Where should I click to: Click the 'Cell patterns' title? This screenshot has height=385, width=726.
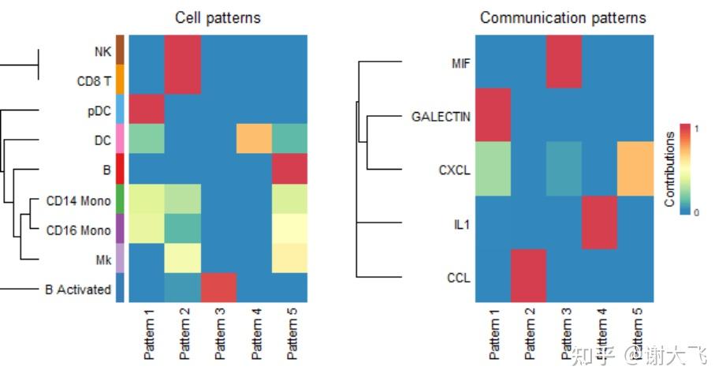218,17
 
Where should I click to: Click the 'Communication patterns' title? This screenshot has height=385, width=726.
563,17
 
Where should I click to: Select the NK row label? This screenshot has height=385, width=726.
102,51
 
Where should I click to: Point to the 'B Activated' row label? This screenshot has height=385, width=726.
78,289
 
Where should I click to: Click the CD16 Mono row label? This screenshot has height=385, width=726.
79,230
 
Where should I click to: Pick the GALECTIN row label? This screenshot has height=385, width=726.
441,117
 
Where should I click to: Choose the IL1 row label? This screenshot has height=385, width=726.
462,223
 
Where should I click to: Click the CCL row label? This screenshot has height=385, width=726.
460,276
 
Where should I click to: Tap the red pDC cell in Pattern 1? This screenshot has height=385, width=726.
147,110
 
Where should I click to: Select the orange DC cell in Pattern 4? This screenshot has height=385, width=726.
254,139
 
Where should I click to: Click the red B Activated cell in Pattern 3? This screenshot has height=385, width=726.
218,288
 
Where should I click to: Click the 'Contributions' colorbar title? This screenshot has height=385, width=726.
669,170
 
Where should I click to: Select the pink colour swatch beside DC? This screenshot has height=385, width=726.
121,139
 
